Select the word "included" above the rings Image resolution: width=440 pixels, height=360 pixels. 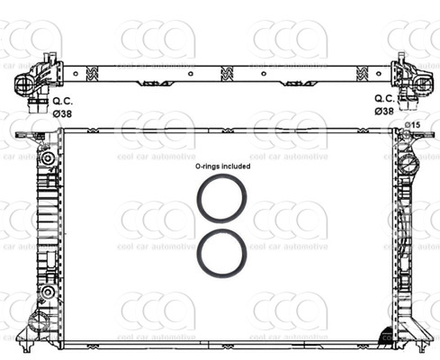(237, 166)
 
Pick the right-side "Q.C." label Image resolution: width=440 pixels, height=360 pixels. (383, 98)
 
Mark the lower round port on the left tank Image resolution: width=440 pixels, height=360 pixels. (44, 294)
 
